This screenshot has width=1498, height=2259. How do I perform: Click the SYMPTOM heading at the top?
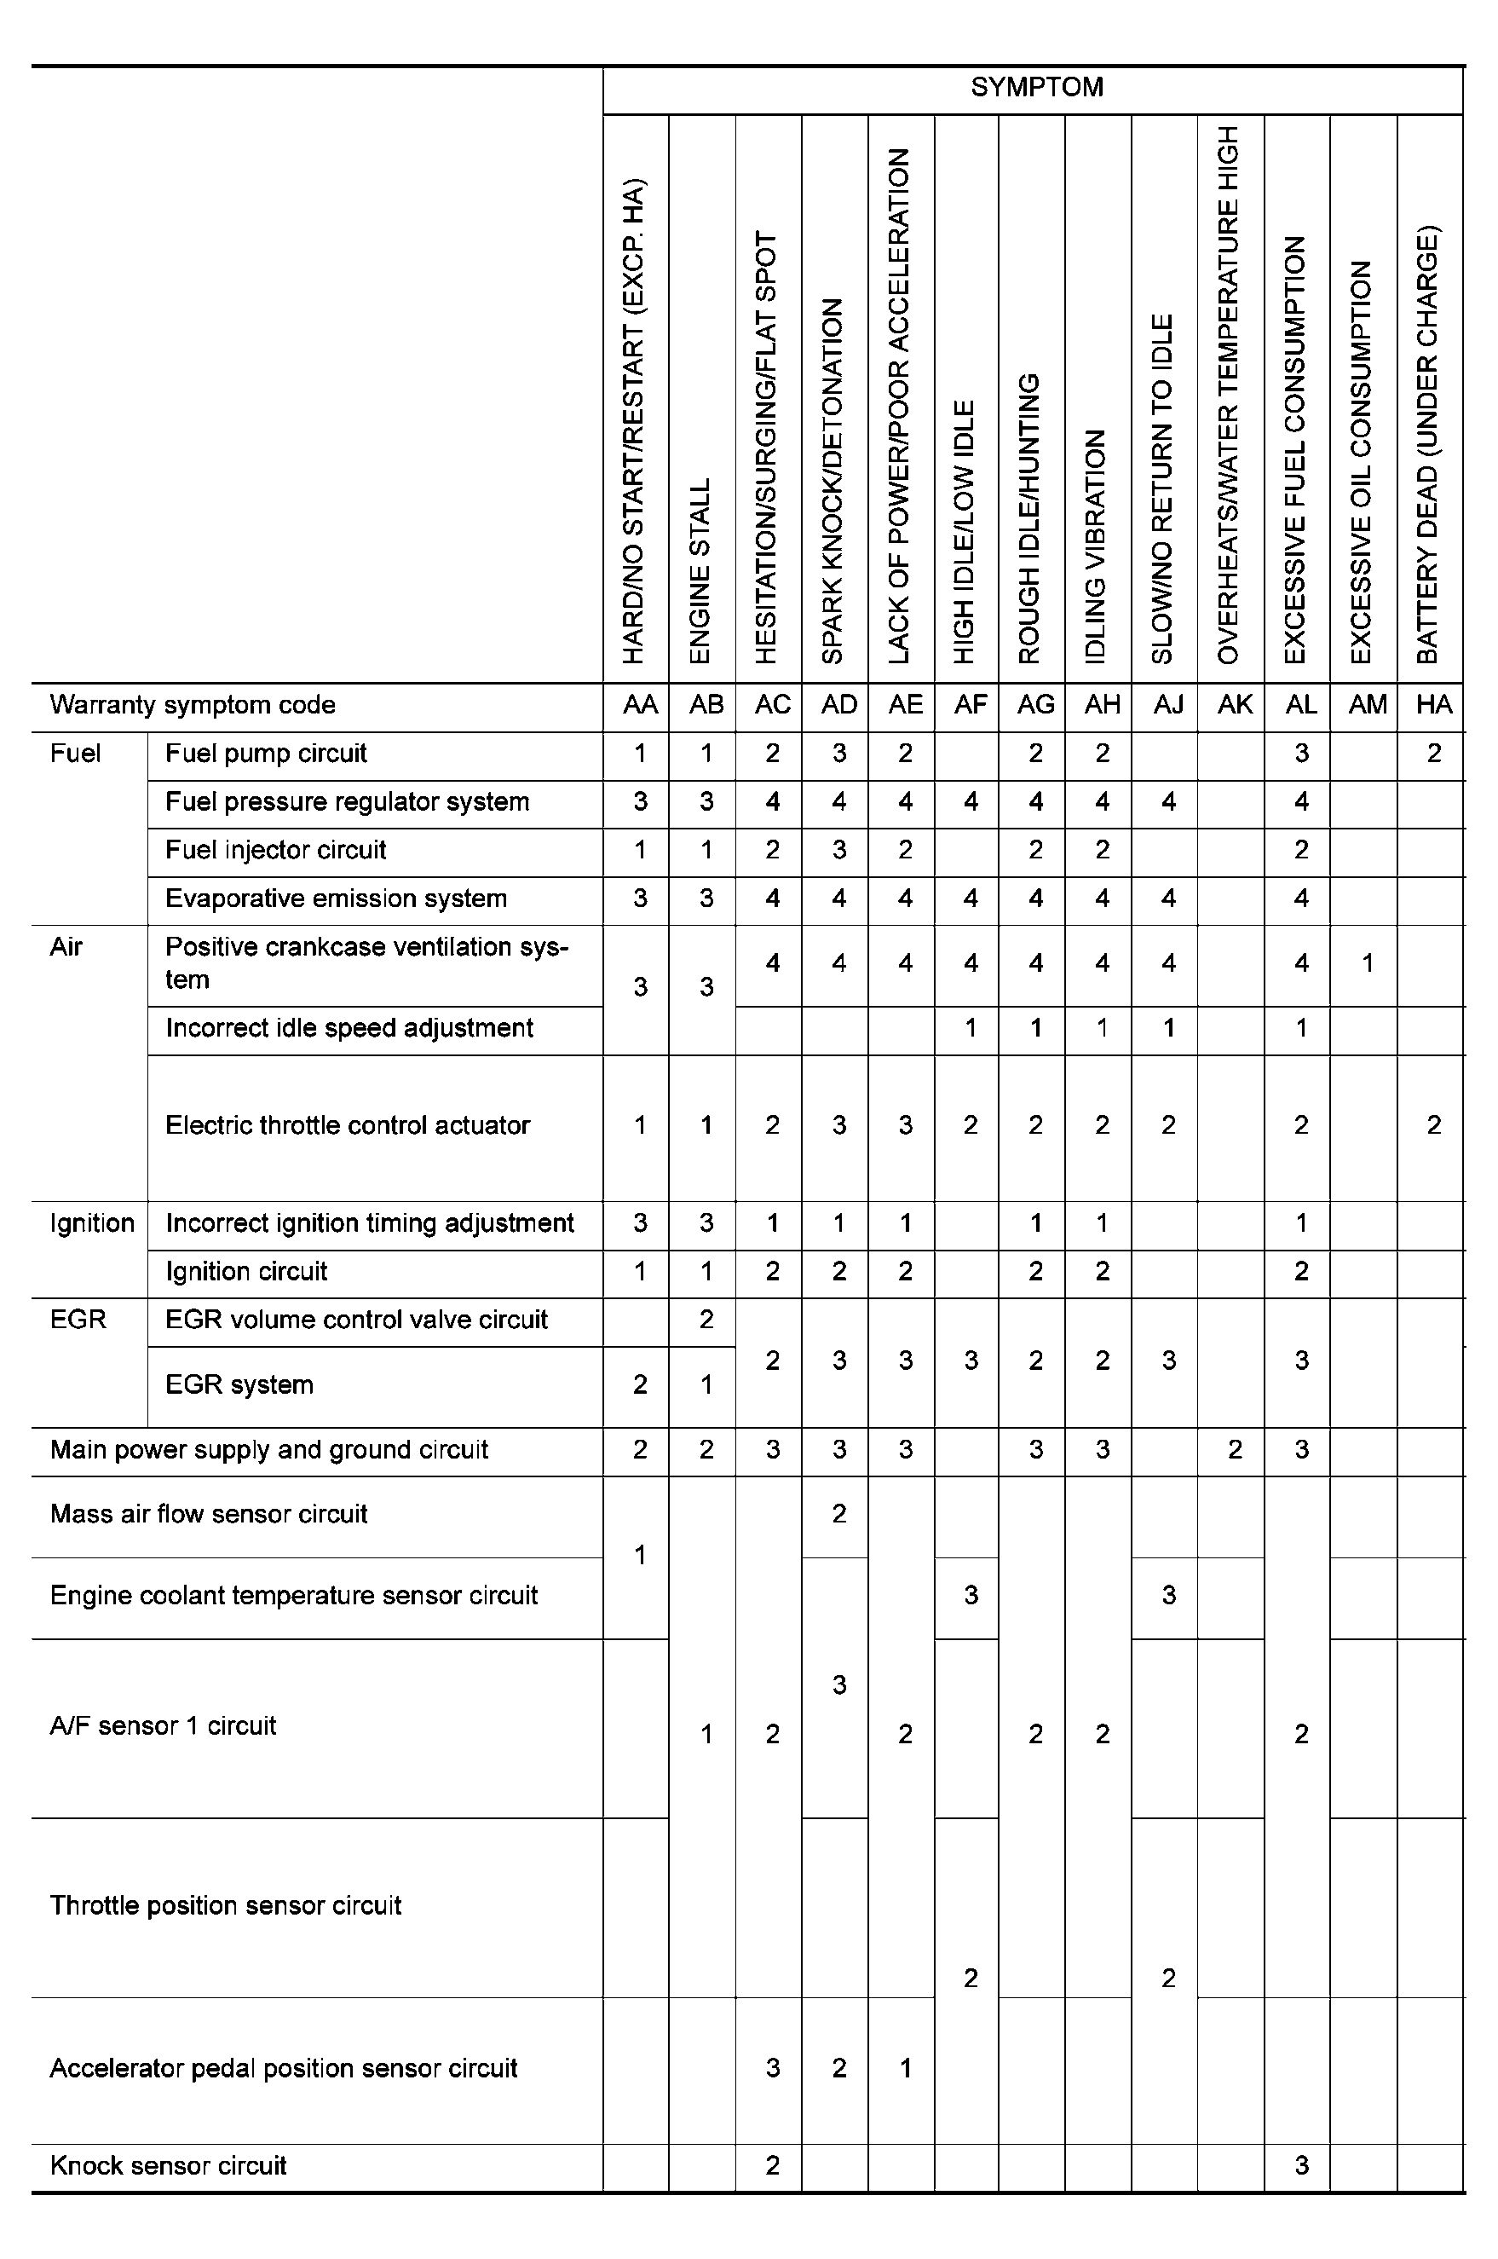tap(1036, 88)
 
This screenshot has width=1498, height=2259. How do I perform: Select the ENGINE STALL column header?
tap(700, 570)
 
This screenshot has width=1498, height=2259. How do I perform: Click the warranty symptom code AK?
tap(1235, 705)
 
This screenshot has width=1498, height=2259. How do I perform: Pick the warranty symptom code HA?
tap(1434, 705)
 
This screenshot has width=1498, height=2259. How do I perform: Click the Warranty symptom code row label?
tap(192, 705)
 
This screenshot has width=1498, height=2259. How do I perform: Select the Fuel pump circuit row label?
tap(266, 754)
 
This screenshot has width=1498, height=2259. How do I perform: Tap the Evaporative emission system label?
tap(336, 898)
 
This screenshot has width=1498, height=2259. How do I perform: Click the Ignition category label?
tap(92, 1223)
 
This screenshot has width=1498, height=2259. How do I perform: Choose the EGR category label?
tap(78, 1320)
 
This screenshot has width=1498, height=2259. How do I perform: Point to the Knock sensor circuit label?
tap(168, 2165)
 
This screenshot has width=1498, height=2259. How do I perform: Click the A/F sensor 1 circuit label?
tap(163, 1725)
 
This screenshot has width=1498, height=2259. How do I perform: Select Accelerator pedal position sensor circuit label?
tap(283, 2069)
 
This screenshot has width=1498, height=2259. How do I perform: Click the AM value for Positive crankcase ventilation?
tap(1367, 963)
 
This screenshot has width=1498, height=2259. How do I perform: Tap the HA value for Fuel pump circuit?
tap(1434, 754)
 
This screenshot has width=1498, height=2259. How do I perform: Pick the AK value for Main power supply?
tap(1235, 1451)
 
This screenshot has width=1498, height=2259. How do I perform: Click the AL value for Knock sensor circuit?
tap(1301, 2165)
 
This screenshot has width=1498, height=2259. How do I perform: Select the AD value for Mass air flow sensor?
tap(838, 1514)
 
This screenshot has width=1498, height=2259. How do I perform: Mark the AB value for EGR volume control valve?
tap(706, 1320)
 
